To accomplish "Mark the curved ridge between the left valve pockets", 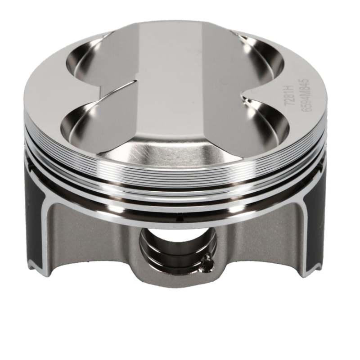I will click(112, 90).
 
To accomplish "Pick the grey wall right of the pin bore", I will click(256, 243).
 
